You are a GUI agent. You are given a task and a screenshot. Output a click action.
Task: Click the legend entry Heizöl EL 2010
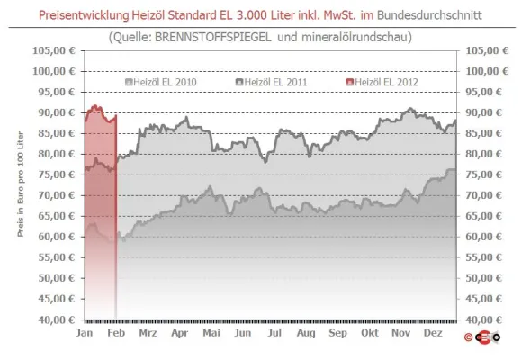pos(166,82)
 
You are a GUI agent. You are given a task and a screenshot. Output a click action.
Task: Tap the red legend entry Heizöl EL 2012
pos(387,82)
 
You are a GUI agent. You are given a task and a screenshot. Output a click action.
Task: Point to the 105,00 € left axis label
pos(58,50)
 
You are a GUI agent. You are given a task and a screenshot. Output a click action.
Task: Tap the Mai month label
pos(211,333)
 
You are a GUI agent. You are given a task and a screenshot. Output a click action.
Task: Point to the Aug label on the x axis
pos(306,333)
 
